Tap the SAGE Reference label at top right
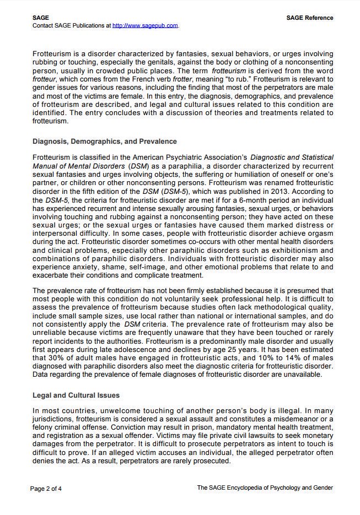click(310, 18)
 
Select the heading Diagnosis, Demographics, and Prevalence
click(105, 142)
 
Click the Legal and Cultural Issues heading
click(76, 395)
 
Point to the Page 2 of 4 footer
click(46, 488)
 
